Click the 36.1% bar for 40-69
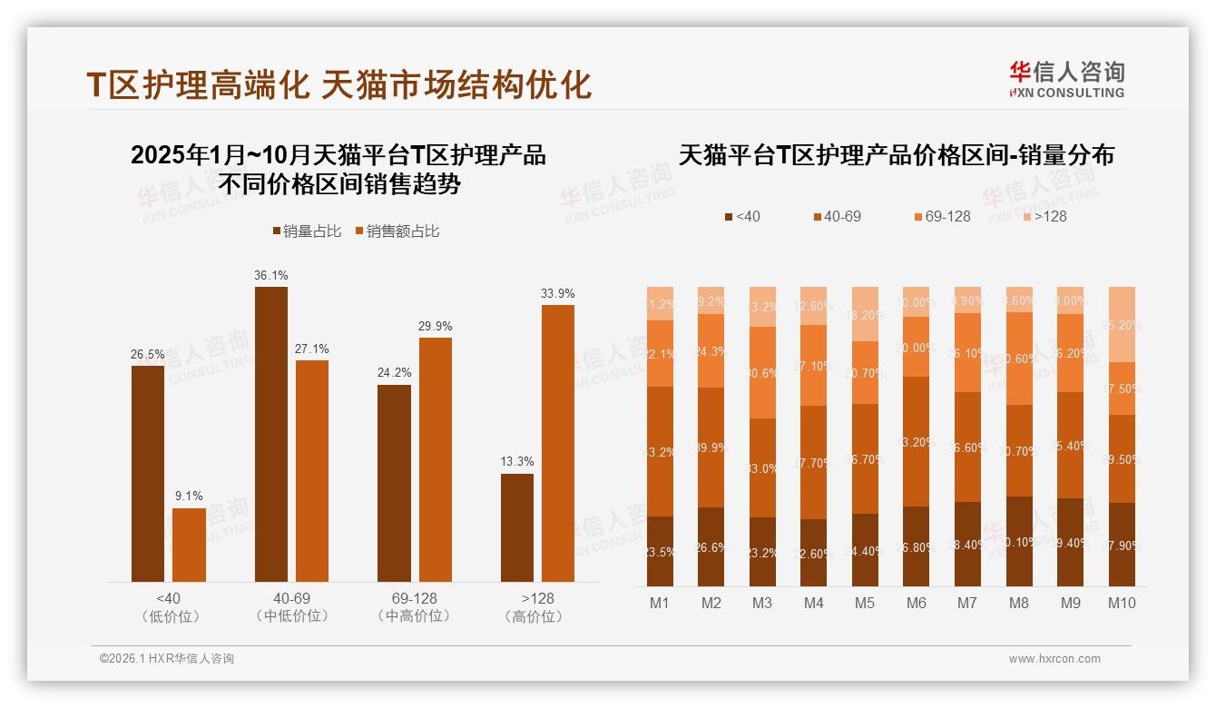(x=270, y=434)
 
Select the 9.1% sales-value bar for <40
(x=189, y=545)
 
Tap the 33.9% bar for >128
(x=558, y=443)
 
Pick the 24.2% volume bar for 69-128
(x=394, y=483)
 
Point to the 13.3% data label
(x=517, y=461)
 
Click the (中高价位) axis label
(x=414, y=616)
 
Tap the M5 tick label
(x=866, y=603)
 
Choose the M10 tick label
(x=1122, y=603)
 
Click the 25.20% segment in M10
(x=1122, y=324)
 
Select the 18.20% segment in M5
(x=866, y=314)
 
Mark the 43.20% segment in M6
(x=917, y=441)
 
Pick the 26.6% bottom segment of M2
(x=711, y=546)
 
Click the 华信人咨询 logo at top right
(x=1066, y=79)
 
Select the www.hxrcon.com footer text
(x=1054, y=659)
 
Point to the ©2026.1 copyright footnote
(x=166, y=659)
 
